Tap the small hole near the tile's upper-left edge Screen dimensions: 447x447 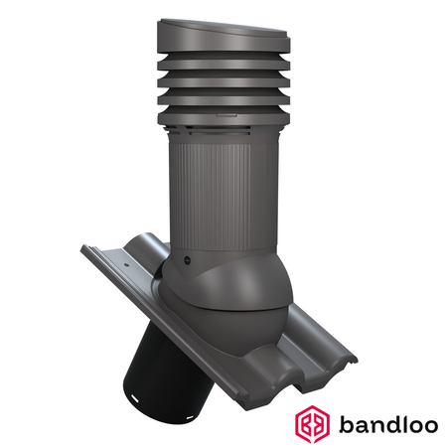[x=128, y=266]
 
